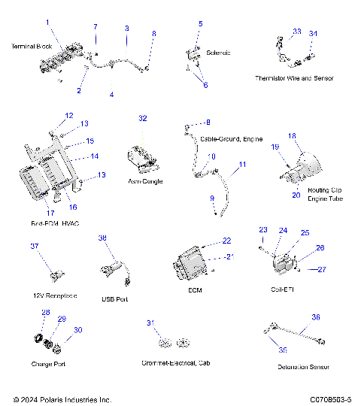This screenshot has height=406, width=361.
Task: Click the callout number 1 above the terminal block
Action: click(x=48, y=23)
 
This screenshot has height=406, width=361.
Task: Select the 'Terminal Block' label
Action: click(x=32, y=47)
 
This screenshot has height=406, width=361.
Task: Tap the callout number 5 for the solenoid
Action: click(x=200, y=24)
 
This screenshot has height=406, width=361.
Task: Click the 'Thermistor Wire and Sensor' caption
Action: click(x=294, y=78)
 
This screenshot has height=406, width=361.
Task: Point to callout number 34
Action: click(x=314, y=33)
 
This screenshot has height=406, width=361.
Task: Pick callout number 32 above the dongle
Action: click(x=143, y=118)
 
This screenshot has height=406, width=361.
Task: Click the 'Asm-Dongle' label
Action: click(x=147, y=181)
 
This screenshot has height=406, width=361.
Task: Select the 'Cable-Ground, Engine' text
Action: click(x=232, y=139)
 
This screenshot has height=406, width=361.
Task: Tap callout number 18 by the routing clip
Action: click(x=293, y=136)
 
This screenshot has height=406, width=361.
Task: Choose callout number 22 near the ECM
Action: click(x=227, y=241)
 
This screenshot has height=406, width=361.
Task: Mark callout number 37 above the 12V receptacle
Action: click(x=34, y=247)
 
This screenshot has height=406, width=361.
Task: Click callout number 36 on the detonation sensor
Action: click(x=316, y=317)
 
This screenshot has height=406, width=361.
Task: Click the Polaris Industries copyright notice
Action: click(x=62, y=399)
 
